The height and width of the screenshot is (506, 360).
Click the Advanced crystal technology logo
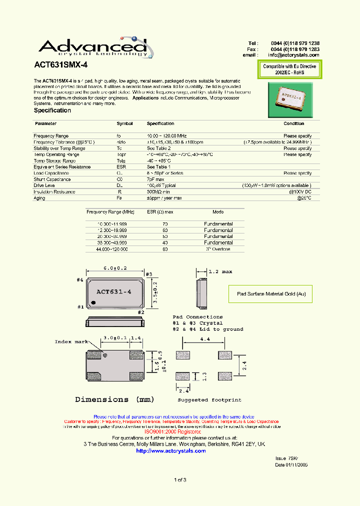tap(95, 47)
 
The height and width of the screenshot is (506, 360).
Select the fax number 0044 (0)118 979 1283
tap(295, 49)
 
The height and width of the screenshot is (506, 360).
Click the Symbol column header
tap(124, 123)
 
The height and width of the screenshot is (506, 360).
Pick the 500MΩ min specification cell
tap(158, 191)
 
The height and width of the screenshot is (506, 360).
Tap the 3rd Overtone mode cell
tap(218, 248)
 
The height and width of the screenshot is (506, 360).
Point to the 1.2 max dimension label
tap(220, 271)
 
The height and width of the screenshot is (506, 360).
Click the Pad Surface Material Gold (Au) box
tap(271, 294)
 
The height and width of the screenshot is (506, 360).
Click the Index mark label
tap(70, 341)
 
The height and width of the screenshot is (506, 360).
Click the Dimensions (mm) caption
tap(114, 399)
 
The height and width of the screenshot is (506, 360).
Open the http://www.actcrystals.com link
tap(171, 450)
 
